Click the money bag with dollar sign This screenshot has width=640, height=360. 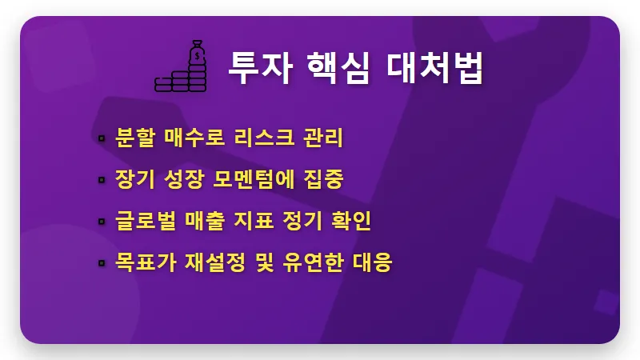pyautogui.click(x=197, y=56)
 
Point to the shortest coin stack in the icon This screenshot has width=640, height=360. pyautogui.click(x=163, y=82)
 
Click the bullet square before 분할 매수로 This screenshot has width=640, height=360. pyautogui.click(x=102, y=139)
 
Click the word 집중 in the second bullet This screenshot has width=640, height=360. pyautogui.click(x=326, y=180)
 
